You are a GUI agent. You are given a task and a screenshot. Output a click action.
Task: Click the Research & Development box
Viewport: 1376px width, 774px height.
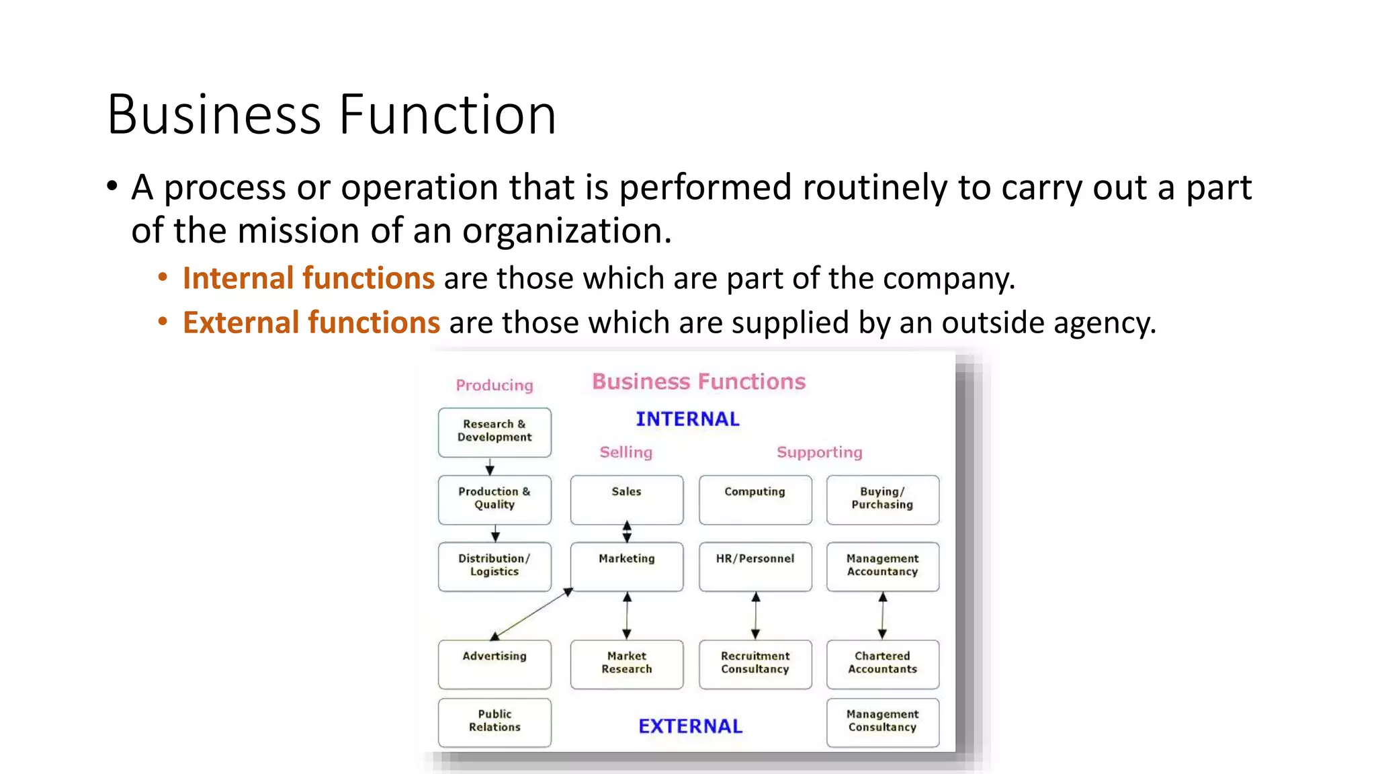click(x=494, y=432)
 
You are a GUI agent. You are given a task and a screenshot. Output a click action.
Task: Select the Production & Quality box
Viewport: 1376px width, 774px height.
click(x=494, y=499)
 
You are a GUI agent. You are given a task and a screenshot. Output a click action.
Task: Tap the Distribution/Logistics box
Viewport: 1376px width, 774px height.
click(x=494, y=566)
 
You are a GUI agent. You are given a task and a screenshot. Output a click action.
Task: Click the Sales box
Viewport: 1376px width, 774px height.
click(x=626, y=499)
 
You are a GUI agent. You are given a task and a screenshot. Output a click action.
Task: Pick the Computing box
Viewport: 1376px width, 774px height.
click(x=755, y=499)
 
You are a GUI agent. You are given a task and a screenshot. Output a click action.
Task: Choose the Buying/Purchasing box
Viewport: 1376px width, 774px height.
click(x=882, y=499)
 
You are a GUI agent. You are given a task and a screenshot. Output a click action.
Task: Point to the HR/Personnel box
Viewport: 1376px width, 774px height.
click(x=755, y=566)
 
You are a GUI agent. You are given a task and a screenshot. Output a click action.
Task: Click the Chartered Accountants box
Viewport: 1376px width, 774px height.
click(x=882, y=664)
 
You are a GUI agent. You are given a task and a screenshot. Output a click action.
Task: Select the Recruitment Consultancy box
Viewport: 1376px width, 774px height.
click(x=755, y=664)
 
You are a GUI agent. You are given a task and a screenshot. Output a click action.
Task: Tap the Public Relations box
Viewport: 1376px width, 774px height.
click(x=494, y=722)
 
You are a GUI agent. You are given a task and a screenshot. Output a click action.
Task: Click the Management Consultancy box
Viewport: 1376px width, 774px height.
click(x=882, y=722)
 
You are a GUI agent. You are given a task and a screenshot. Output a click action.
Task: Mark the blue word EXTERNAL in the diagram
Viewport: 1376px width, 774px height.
click(x=690, y=726)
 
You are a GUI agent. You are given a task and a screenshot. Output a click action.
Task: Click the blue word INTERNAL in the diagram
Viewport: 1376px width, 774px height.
click(x=687, y=419)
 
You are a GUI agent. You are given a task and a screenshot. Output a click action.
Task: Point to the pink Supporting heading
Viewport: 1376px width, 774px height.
click(x=819, y=452)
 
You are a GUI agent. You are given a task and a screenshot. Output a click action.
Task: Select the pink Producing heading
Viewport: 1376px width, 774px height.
click(x=494, y=385)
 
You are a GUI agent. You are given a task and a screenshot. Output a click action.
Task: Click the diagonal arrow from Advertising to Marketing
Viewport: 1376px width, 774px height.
click(x=531, y=614)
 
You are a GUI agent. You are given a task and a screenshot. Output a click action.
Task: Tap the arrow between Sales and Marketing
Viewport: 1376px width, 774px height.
click(x=626, y=532)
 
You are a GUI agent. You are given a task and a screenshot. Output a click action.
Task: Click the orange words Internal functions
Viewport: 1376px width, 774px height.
click(x=308, y=278)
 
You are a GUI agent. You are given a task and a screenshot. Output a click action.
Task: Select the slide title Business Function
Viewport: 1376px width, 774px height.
click(x=331, y=114)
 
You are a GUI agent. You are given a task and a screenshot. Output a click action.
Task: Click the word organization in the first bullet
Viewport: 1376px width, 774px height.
click(x=566, y=231)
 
